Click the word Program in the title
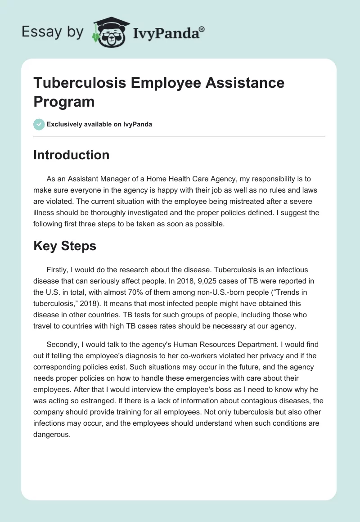click(x=64, y=101)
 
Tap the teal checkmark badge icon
click(x=39, y=124)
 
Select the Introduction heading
click(x=72, y=155)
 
